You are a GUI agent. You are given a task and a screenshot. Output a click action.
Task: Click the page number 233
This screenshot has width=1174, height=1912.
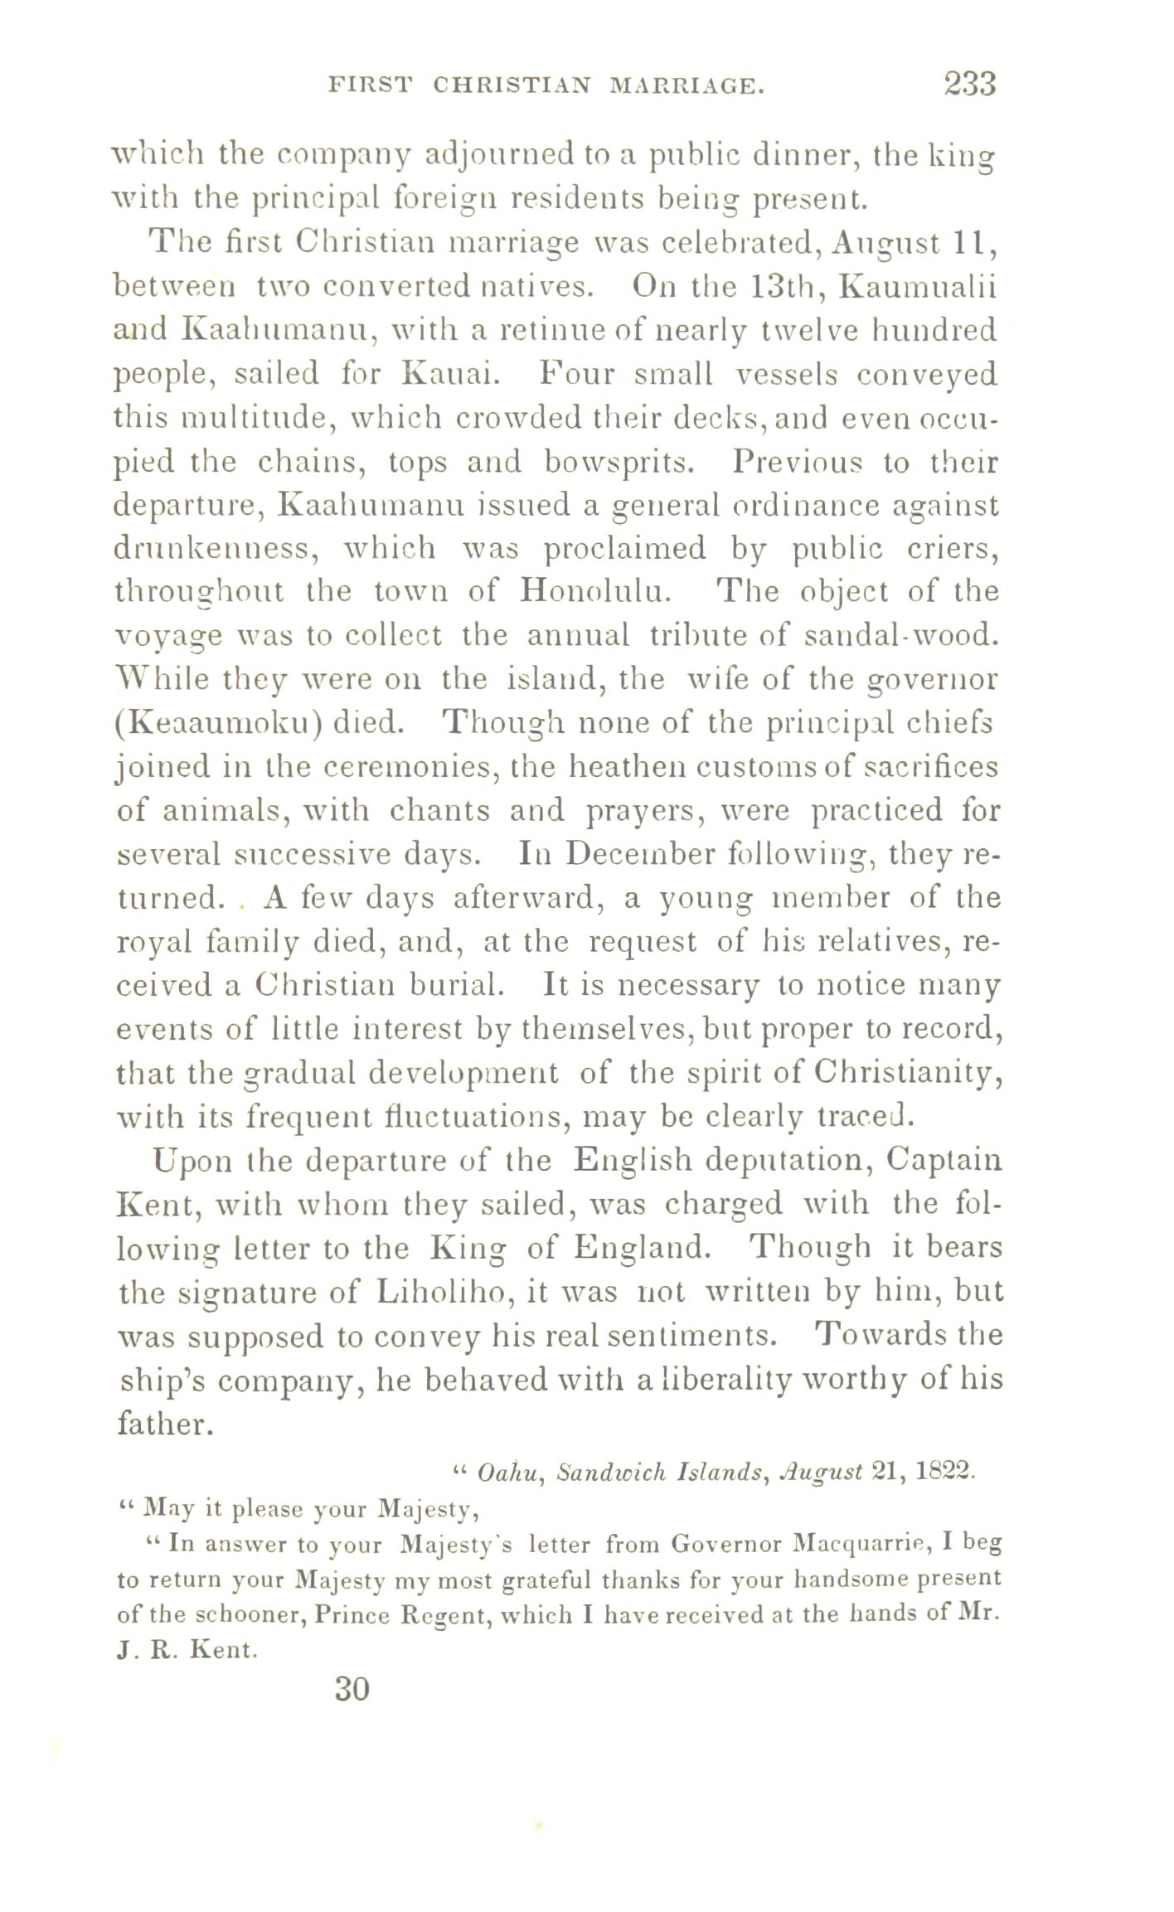[968, 84]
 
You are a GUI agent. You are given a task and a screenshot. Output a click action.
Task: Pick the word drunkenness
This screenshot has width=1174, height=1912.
[213, 549]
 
